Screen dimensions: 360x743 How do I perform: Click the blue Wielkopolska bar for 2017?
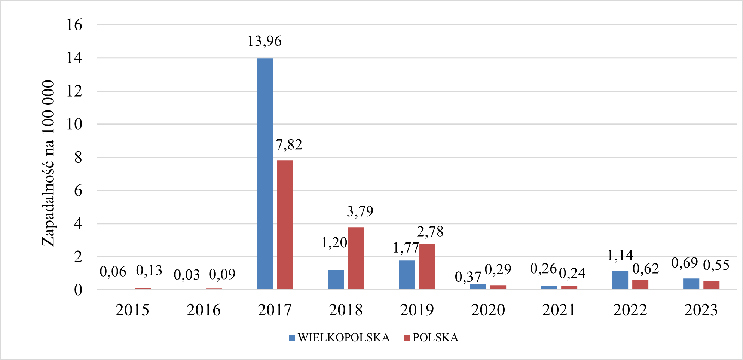coord(265,174)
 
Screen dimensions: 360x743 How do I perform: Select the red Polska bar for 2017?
coord(285,225)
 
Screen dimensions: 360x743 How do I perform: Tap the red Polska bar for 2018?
coord(356,258)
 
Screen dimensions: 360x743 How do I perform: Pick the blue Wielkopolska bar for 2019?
coord(407,275)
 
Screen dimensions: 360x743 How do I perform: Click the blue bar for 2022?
coord(620,280)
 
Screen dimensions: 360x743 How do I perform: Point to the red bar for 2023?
coord(711,285)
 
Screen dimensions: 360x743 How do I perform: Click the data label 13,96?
coord(265,41)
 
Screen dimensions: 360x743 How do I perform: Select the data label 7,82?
coord(289,145)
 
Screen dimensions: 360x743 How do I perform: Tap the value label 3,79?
coord(360,212)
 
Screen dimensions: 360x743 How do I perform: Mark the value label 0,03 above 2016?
coord(187,275)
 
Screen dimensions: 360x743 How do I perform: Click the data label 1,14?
coord(620,256)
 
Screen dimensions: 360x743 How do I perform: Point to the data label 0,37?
coord(468,277)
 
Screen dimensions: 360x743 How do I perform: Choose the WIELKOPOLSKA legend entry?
coord(340,338)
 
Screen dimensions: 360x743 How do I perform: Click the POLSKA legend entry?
coord(431,338)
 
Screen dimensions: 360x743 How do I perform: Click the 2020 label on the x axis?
coord(488,310)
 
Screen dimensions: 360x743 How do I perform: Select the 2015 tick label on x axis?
coord(132,310)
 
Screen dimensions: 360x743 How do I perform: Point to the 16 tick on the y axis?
coord(74,25)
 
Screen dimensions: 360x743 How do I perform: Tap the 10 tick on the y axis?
coord(74,125)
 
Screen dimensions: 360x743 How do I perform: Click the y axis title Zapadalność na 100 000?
coord(48,164)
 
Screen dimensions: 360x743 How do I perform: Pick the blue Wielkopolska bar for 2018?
coord(336,280)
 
